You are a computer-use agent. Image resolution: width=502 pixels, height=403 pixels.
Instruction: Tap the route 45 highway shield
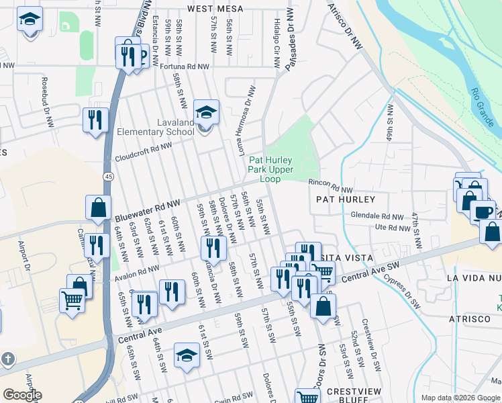107,176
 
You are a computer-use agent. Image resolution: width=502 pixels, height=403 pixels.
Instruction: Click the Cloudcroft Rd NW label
144,152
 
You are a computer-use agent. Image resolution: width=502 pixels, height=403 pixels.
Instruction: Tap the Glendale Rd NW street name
377,216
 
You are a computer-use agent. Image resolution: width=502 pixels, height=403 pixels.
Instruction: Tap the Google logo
22,395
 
